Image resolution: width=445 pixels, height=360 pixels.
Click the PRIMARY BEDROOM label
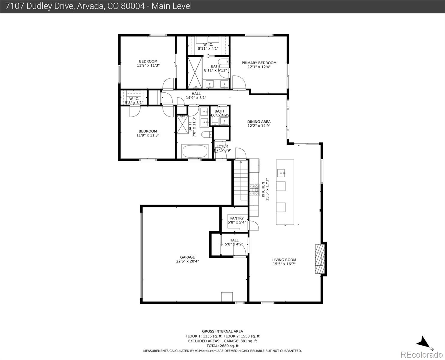coord(259,63)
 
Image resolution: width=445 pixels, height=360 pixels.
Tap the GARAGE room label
coord(187,257)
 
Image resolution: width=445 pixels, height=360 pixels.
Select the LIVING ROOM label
coord(284,260)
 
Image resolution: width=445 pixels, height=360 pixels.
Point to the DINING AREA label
coord(259,122)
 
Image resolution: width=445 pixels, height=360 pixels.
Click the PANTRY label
coord(237,218)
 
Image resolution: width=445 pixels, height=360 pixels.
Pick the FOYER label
coord(222,146)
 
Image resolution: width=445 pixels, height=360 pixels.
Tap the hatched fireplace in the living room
coord(320,259)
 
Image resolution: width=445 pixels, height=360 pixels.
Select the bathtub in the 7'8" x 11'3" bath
coord(195,151)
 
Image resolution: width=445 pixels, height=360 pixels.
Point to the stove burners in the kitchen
coord(254,190)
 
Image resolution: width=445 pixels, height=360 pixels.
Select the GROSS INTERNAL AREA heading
coord(222,331)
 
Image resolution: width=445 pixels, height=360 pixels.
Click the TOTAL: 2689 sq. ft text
coord(222,346)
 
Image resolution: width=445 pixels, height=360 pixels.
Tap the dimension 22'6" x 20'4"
coord(187,261)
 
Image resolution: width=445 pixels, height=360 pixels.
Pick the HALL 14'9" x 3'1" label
coord(196,96)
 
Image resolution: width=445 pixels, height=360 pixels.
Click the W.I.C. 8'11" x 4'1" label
coord(208,46)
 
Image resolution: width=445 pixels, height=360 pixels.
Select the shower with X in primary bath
coord(195,72)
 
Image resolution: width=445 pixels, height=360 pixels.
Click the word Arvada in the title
coord(89,6)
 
